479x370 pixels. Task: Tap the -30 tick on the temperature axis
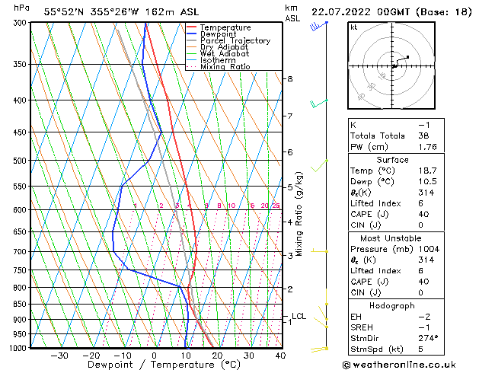coord(59,356)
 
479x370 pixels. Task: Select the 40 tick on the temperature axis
coord(280,356)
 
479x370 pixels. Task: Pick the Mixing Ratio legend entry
coord(225,67)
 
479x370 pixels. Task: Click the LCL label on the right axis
coord(299,316)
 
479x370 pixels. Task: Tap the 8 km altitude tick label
coord(289,79)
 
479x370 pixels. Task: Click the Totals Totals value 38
coord(424,136)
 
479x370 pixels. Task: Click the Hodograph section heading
coord(392,305)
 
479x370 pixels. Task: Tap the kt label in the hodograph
coord(354,27)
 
